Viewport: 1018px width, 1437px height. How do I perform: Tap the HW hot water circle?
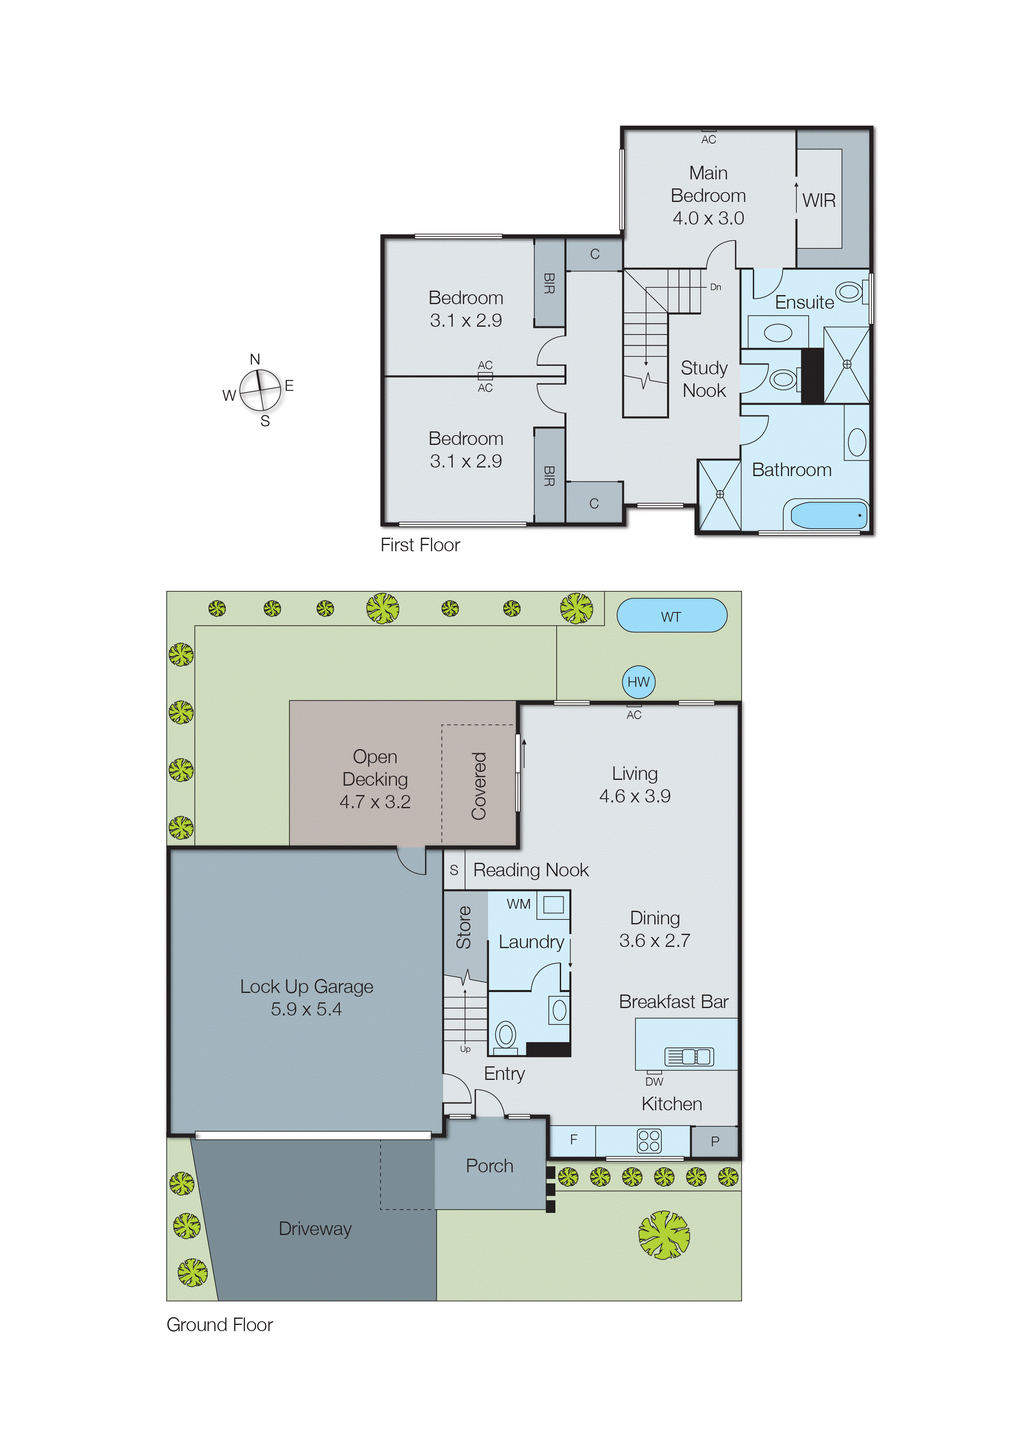point(638,682)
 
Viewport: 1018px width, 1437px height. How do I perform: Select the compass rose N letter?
point(254,359)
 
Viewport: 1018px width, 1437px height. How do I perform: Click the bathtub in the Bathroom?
point(828,515)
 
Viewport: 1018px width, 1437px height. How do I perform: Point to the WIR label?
point(819,201)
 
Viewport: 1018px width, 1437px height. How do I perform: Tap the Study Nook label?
point(704,379)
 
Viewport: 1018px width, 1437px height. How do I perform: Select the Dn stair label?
point(715,287)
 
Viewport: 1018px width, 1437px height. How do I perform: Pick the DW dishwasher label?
point(654,1082)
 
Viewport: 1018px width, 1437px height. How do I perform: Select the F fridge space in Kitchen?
point(573,1139)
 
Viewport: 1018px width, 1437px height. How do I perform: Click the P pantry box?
point(715,1141)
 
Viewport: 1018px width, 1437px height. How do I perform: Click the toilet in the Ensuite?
point(849,292)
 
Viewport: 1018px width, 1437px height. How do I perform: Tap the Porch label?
point(490,1166)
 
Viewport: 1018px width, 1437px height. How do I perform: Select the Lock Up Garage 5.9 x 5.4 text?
point(307,998)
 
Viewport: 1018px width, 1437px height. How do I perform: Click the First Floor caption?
point(420,545)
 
